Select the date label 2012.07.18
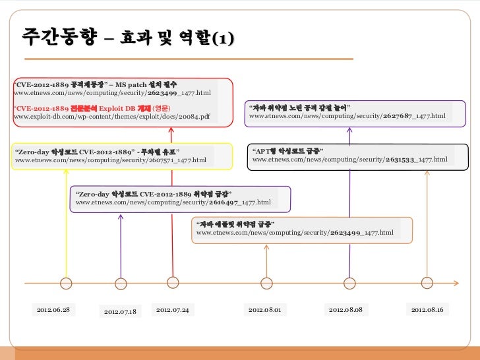[x=121, y=311]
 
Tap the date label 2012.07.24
[x=173, y=309]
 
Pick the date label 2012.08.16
[x=428, y=309]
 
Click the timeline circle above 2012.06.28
[x=66, y=284]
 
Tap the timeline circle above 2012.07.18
[x=121, y=284]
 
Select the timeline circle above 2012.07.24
[x=173, y=282]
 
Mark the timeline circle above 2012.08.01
[x=266, y=284]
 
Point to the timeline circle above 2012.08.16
[x=427, y=284]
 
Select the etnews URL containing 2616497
[x=173, y=202]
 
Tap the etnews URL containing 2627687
[x=347, y=116]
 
